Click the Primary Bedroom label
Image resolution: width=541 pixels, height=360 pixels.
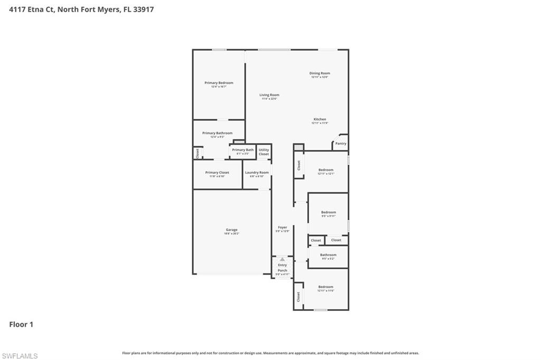click(219, 83)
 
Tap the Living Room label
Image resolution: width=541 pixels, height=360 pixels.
click(269, 95)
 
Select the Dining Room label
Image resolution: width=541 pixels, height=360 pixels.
click(320, 73)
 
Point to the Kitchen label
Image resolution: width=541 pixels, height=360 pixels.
click(320, 119)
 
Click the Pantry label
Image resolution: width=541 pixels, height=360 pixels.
click(341, 143)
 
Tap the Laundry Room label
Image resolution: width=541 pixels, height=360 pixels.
click(257, 173)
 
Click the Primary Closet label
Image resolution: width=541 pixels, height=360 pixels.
click(217, 173)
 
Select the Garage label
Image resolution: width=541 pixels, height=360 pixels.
click(231, 230)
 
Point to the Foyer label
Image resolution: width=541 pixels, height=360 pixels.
click(282, 228)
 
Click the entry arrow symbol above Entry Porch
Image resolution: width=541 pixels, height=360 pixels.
click(282, 259)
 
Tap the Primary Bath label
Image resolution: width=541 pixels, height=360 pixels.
click(242, 150)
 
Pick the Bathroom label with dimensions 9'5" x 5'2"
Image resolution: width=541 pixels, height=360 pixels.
click(328, 255)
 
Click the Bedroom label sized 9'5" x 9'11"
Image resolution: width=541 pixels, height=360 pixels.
click(329, 212)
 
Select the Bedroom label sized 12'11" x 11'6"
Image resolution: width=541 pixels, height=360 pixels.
click(325, 287)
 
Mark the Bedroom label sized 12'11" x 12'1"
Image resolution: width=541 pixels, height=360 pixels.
click(325, 170)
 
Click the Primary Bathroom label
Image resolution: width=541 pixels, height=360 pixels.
click(217, 133)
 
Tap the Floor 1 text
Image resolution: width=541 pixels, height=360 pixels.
click(21, 325)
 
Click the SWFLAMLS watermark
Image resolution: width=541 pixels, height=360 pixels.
click(20, 356)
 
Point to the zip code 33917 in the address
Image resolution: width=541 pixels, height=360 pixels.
click(143, 10)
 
